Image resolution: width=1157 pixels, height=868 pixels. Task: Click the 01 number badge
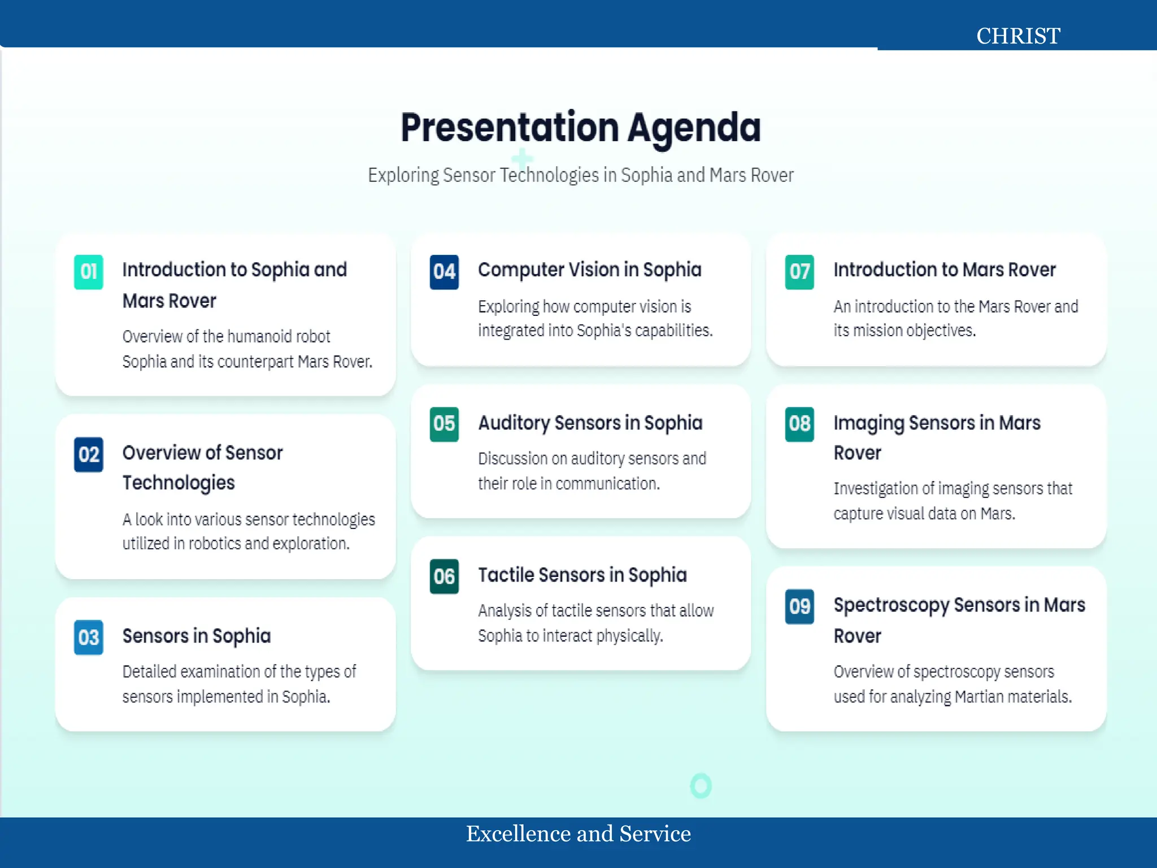pos(89,272)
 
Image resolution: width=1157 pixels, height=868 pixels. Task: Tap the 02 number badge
pos(89,454)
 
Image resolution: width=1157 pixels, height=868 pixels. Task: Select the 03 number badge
pos(89,637)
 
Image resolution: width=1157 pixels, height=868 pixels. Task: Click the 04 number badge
pos(444,272)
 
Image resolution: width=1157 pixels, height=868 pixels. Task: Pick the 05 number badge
pos(444,424)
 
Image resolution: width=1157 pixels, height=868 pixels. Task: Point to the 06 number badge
pos(444,576)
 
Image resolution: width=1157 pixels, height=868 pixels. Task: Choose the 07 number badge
pos(799,272)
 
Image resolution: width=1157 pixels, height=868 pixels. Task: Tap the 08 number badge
pos(799,424)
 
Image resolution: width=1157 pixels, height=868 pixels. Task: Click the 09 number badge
pos(799,607)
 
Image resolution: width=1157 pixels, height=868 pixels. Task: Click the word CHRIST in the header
pos(1018,36)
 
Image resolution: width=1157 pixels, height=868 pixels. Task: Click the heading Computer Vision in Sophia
pos(589,270)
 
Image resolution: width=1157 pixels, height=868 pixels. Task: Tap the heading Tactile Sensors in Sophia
pos(582,575)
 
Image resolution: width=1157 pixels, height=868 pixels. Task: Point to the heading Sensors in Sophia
pos(197,636)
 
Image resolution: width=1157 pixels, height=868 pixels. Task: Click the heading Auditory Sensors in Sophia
pos(590,423)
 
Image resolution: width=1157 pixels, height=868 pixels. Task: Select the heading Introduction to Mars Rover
pos(944,270)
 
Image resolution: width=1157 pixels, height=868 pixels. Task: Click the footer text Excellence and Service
pos(578,834)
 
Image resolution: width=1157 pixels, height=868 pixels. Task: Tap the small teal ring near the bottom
pos(701,785)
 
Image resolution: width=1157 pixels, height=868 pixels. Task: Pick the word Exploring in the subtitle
pos(403,176)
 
